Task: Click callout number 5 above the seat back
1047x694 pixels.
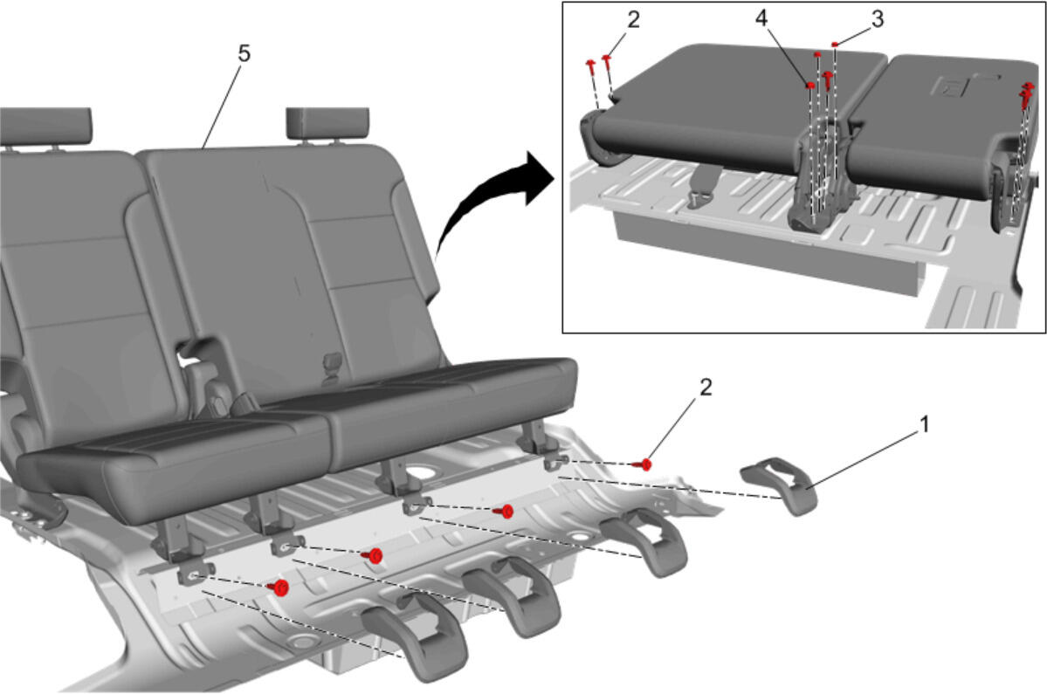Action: point(244,53)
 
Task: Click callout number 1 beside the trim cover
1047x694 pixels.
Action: point(924,423)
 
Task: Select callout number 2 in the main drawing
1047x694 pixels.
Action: point(705,387)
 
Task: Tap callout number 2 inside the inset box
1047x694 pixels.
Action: point(633,20)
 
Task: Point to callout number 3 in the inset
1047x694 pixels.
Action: point(878,19)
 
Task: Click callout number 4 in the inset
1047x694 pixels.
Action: point(761,18)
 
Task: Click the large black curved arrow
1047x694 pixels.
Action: point(487,200)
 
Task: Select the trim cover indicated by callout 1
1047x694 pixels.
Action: point(779,484)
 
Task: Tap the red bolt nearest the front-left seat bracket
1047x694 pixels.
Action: point(279,587)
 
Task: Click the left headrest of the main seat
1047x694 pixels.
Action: point(45,126)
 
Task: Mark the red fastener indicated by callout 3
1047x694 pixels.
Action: point(835,45)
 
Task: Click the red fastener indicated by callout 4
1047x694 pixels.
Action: point(810,85)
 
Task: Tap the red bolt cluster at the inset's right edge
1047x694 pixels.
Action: point(1026,94)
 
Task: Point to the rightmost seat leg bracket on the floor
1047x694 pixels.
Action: point(551,446)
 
